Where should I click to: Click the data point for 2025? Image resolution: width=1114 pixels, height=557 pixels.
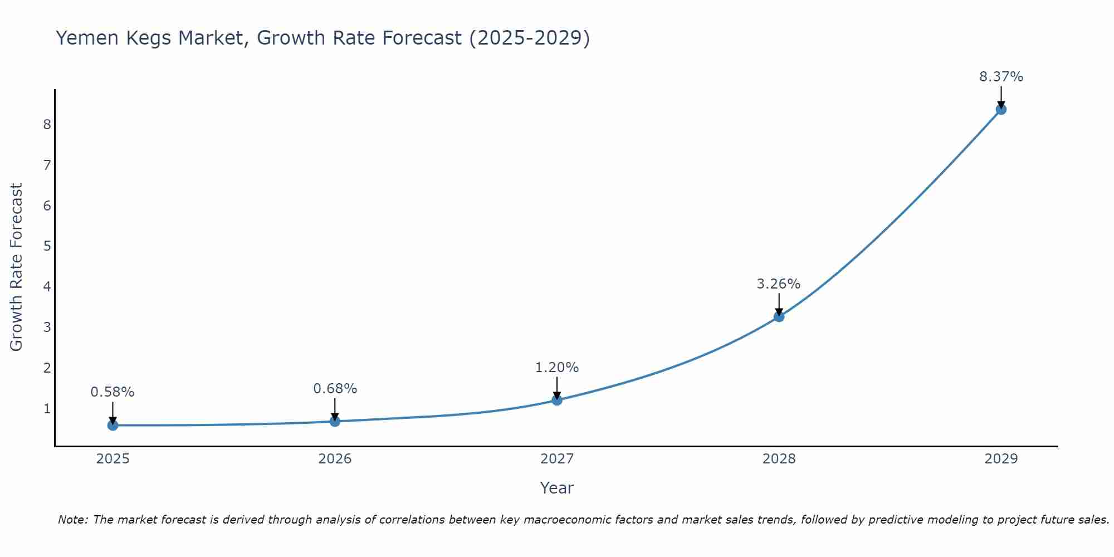tap(113, 426)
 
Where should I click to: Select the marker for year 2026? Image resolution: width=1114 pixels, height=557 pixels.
tap(335, 421)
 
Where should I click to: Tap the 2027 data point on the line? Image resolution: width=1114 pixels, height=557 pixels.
tap(557, 400)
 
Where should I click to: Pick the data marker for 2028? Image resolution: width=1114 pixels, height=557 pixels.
tap(779, 316)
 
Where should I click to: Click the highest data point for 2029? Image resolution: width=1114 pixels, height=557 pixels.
tap(1001, 109)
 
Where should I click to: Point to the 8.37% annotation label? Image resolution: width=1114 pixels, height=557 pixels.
tap(1001, 77)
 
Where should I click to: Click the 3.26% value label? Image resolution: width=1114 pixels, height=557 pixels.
tap(778, 284)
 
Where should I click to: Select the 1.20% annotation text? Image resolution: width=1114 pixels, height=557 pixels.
tap(556, 368)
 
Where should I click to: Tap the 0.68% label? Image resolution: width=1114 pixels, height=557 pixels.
tap(335, 389)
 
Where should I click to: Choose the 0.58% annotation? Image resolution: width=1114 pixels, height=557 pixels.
tap(113, 392)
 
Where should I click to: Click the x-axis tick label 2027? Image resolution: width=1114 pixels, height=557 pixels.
tap(557, 459)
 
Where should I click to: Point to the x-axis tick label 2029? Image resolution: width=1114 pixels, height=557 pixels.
tap(1001, 459)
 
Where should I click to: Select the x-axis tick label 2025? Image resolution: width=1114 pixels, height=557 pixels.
tap(113, 459)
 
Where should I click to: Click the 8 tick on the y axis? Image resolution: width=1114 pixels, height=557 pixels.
tap(47, 124)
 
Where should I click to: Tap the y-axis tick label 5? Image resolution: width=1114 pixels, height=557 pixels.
tap(47, 246)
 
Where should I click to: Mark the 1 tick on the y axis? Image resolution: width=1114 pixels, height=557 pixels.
tap(47, 409)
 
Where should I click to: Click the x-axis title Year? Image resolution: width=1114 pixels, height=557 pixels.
tap(556, 488)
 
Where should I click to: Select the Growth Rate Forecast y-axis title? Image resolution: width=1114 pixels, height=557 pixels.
tap(17, 267)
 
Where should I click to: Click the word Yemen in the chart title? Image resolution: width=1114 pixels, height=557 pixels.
tap(87, 38)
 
